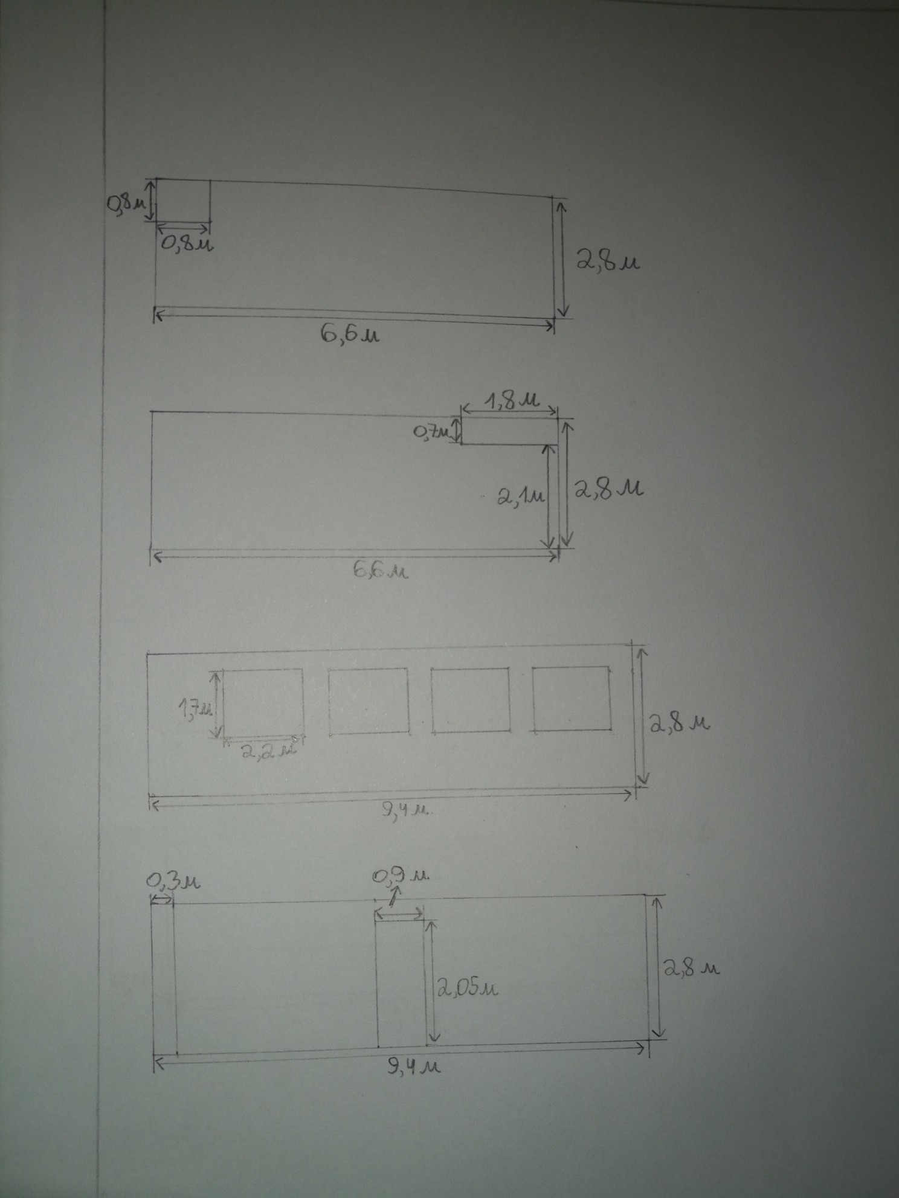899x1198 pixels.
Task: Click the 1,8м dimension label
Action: [509, 401]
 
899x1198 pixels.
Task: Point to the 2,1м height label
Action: [521, 497]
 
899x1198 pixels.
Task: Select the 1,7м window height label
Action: [194, 708]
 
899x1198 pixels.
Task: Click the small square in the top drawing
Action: [183, 200]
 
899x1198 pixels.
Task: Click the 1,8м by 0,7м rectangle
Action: [509, 431]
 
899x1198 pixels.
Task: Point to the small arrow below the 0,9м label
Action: [394, 895]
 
